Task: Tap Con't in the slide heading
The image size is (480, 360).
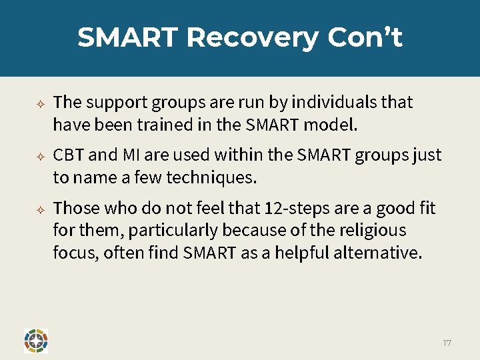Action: [365, 37]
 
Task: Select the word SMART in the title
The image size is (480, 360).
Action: [128, 37]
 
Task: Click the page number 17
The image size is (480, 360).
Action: [447, 343]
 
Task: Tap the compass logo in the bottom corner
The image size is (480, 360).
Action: [35, 340]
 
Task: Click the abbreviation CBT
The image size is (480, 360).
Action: [68, 155]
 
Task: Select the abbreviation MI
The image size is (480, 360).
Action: [131, 155]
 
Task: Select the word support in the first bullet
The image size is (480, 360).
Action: [117, 102]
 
